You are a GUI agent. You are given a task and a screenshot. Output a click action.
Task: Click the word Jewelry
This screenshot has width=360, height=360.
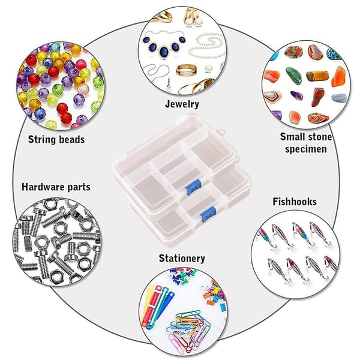tap(182, 104)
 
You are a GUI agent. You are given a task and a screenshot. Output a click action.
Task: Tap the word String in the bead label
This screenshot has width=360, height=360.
tap(42, 139)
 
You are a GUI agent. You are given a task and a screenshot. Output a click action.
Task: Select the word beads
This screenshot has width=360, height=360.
tap(71, 139)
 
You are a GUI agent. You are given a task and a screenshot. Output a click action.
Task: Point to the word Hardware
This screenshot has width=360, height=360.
tap(43, 187)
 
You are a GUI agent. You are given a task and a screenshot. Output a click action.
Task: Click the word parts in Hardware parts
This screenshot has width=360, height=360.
tap(79, 188)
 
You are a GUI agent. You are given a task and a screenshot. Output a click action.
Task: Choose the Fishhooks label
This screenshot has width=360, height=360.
tap(295, 202)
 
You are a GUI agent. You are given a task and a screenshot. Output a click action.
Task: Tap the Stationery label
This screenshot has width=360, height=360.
tap(182, 259)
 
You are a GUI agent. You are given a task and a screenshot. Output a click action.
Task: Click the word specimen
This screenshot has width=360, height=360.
tap(306, 149)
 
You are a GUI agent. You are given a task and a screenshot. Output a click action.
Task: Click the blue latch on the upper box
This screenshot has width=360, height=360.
tap(193, 187)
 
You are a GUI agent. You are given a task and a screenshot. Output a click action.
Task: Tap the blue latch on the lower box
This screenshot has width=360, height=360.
tap(208, 214)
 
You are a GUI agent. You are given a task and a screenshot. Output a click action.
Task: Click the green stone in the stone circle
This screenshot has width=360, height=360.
tap(293, 76)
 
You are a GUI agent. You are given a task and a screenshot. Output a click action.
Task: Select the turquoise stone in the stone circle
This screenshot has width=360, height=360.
tap(334, 54)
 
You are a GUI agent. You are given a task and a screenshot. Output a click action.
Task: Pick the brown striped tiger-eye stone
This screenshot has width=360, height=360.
tap(317, 76)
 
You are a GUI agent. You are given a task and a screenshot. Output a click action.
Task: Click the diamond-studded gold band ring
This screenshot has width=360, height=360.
tap(186, 70)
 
